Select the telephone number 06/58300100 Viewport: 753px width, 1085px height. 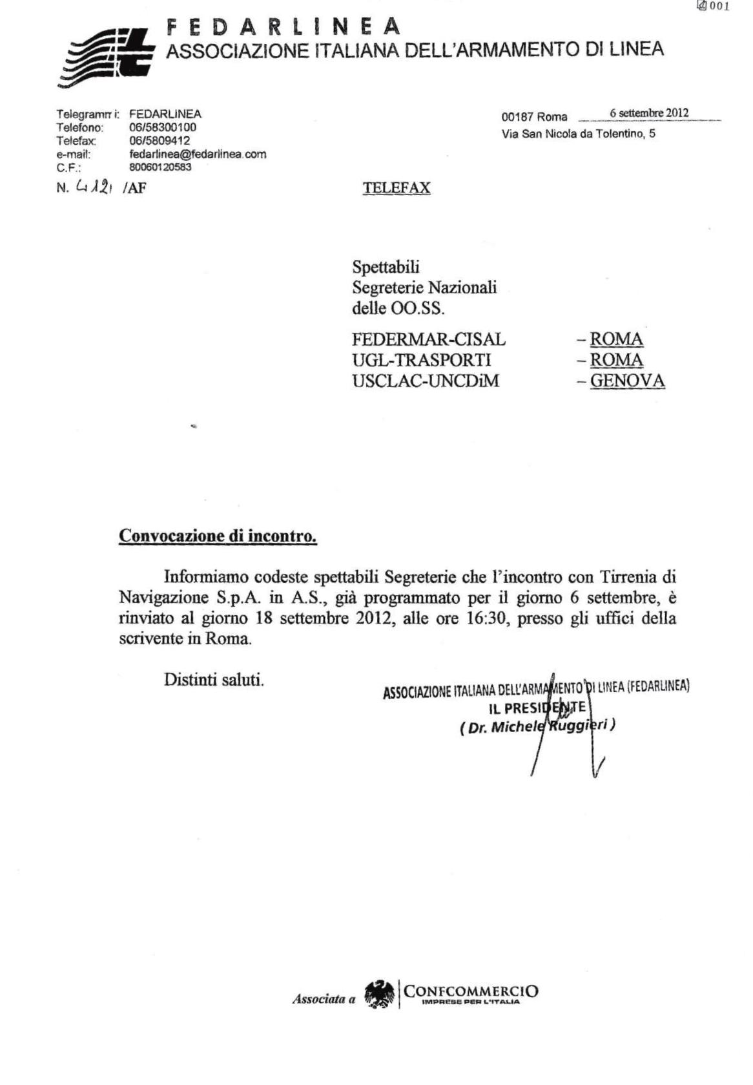pyautogui.click(x=163, y=127)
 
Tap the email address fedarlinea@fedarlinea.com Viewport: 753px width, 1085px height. pyautogui.click(x=198, y=154)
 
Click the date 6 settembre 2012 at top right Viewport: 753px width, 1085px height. pyautogui.click(x=648, y=114)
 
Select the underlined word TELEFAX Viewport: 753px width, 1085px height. pyautogui.click(x=396, y=188)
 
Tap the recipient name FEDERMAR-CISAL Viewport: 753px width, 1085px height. pyautogui.click(x=428, y=339)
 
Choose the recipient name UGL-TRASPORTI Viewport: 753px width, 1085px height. pyautogui.click(x=421, y=360)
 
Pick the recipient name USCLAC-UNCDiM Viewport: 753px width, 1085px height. pyautogui.click(x=425, y=381)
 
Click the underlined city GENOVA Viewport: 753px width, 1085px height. pyautogui.click(x=627, y=381)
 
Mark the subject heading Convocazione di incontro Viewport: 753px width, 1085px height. pyautogui.click(x=218, y=536)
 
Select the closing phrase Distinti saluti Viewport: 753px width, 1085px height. pyautogui.click(x=214, y=680)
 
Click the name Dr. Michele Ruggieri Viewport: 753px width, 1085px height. pyautogui.click(x=537, y=726)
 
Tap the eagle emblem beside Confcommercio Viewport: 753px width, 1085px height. pyautogui.click(x=380, y=995)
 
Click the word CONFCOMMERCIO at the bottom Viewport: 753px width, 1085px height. pyautogui.click(x=471, y=991)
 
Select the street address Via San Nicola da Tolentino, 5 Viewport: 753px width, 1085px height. pyautogui.click(x=578, y=134)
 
